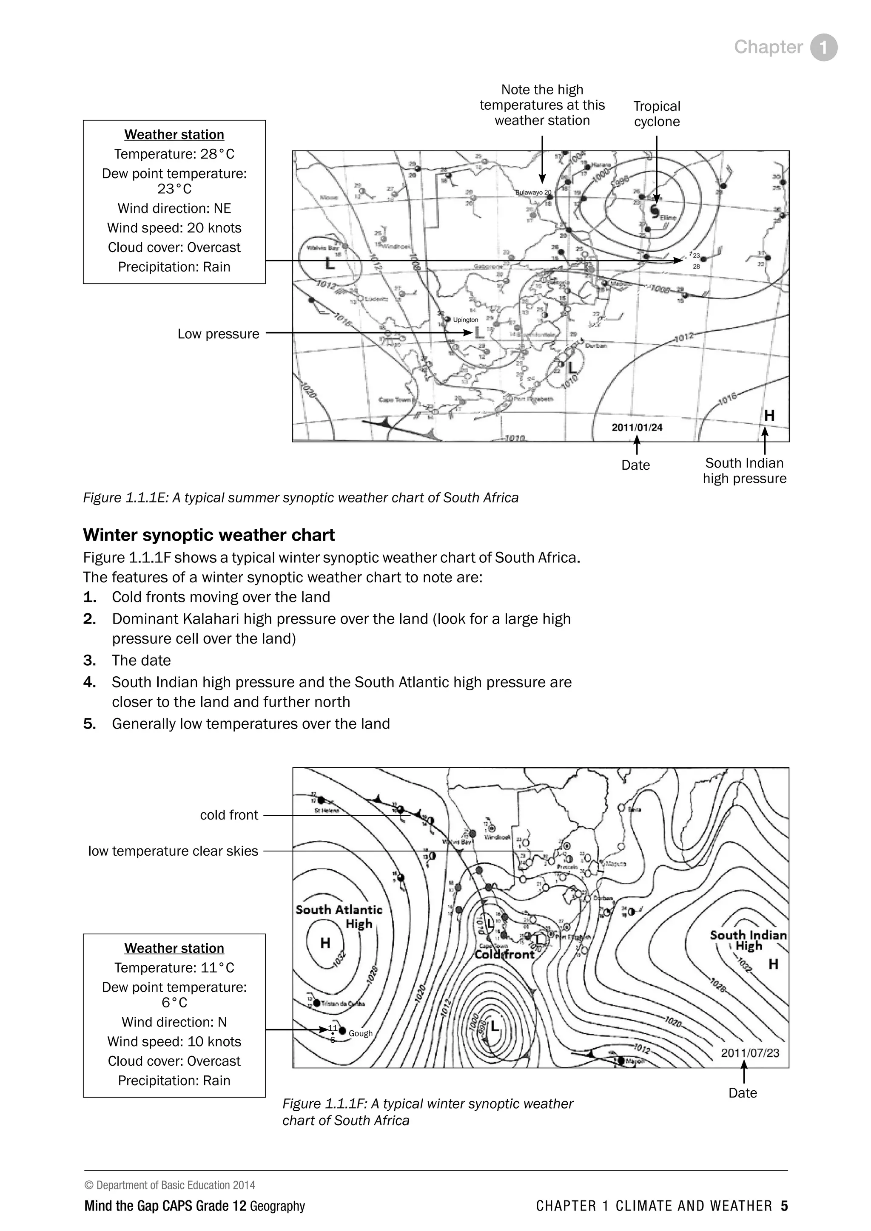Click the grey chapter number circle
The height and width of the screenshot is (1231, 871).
[x=823, y=47]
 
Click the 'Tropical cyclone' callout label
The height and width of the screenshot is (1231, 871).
[x=657, y=113]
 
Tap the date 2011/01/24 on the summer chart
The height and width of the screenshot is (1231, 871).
[x=637, y=427]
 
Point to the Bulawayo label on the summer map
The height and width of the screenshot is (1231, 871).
[x=532, y=193]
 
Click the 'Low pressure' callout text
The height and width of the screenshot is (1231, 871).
[x=218, y=334]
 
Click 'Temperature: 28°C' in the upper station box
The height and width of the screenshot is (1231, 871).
[x=174, y=154]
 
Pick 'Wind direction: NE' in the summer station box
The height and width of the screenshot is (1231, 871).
[x=174, y=209]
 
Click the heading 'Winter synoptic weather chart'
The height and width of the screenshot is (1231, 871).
[x=209, y=535]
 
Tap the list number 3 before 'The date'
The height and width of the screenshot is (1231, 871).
[x=89, y=660]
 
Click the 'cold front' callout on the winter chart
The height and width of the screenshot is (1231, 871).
[x=229, y=815]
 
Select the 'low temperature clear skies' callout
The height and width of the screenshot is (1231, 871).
[x=173, y=851]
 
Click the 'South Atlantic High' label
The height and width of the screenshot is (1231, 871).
[x=339, y=916]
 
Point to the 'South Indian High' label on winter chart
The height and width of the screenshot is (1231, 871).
[x=748, y=940]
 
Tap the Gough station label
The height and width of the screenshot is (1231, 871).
[x=360, y=1033]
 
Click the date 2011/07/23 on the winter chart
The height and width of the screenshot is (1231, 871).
[x=750, y=1052]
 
